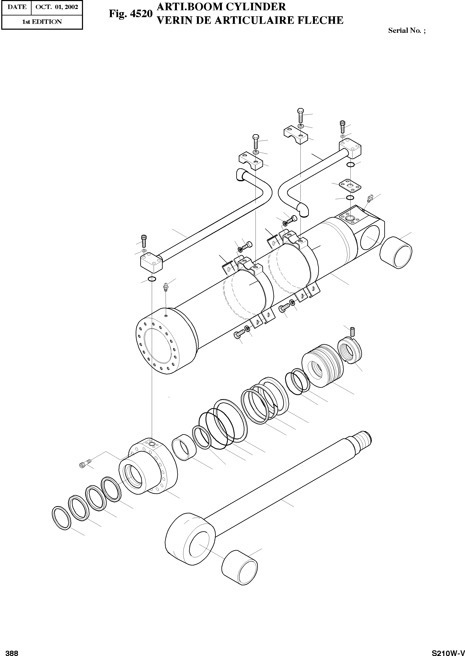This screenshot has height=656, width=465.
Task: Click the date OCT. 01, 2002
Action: [57, 7]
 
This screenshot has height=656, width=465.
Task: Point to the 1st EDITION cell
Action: [42, 22]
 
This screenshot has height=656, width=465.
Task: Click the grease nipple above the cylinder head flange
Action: [165, 286]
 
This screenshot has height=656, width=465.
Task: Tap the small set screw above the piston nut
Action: [353, 331]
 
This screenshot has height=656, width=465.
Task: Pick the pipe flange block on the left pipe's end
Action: [151, 263]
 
